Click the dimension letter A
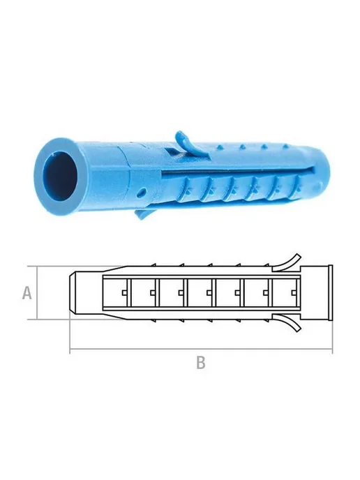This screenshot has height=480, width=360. [27, 292]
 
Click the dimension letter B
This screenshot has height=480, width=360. [200, 363]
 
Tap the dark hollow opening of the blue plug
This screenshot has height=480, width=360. [60, 175]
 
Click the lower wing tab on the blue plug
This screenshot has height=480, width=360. [143, 212]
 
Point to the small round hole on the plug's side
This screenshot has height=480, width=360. [141, 193]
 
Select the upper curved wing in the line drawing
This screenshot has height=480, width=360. [287, 262]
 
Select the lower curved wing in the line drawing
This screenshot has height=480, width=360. [287, 322]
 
